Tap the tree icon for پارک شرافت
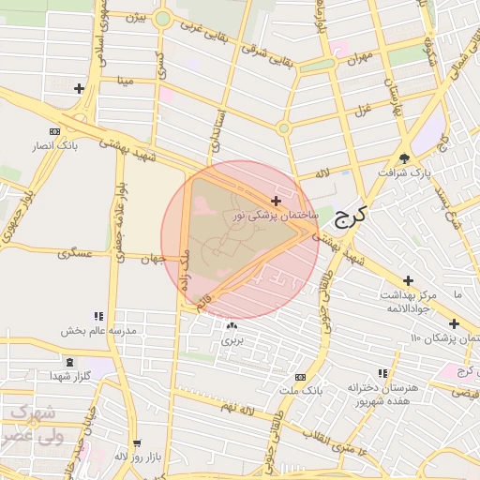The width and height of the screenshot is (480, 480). click(x=405, y=157)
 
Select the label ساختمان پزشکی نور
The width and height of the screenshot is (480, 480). click(x=277, y=216)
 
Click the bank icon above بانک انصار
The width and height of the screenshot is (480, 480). click(x=53, y=131)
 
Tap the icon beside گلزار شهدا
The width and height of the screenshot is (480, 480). click(x=67, y=362)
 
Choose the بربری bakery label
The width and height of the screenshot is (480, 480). click(x=232, y=340)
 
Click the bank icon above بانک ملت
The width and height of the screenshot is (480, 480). click(x=300, y=375)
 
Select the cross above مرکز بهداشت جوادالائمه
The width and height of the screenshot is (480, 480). click(x=408, y=280)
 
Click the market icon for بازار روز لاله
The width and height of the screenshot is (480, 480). click(x=138, y=443)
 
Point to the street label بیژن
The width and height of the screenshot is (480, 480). click(x=138, y=19)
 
